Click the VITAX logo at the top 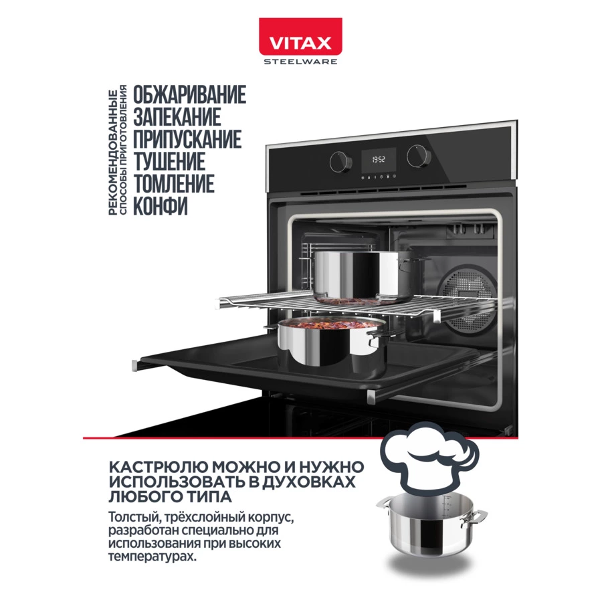coord(300,42)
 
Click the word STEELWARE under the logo coord(300,62)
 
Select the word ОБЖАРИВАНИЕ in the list coord(189,96)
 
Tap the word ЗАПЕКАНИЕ coord(177,118)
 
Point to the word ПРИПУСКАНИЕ coord(187,140)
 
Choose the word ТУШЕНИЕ coord(169,162)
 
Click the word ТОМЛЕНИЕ coord(174,184)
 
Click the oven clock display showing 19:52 coord(378,160)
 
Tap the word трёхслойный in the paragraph coord(189,517)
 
